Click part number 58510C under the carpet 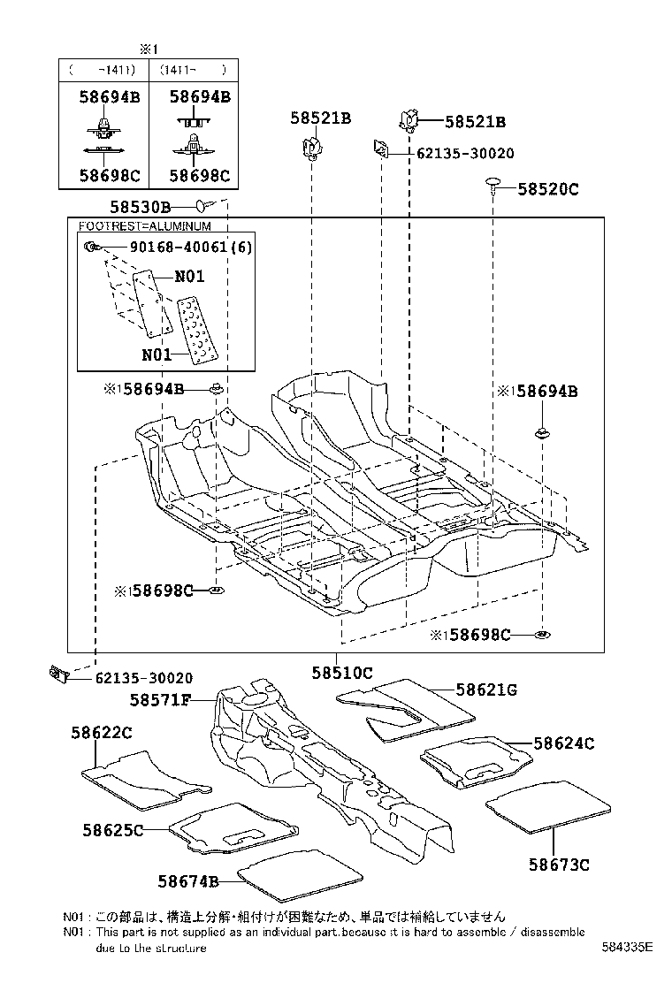[341, 673]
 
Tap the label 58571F [160, 700]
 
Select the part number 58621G [486, 689]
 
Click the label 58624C [563, 743]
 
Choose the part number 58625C [113, 830]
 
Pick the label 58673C [559, 864]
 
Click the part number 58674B [188, 880]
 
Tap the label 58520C [548, 188]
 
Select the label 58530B [140, 208]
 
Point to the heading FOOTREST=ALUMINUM [145, 226]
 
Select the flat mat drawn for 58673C [549, 805]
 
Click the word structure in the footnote [182, 948]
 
